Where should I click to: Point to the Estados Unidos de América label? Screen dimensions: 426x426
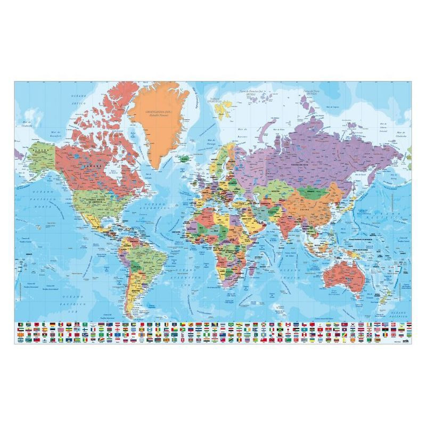click(x=90, y=201)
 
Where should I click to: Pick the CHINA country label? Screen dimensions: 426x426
click(x=319, y=209)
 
